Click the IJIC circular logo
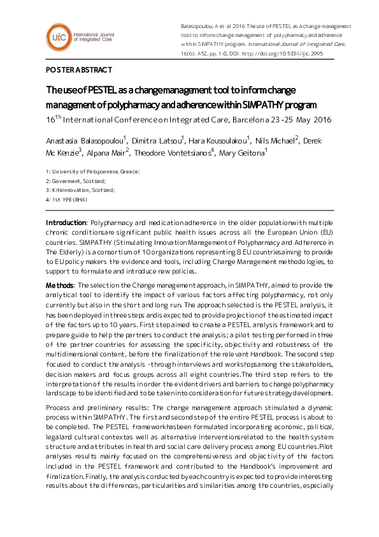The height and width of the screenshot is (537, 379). pos(59,38)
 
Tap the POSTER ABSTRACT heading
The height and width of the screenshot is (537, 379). pos(78,70)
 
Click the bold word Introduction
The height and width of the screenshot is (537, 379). pos(66,223)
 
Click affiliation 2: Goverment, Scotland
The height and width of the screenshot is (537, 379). pos(71,181)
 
